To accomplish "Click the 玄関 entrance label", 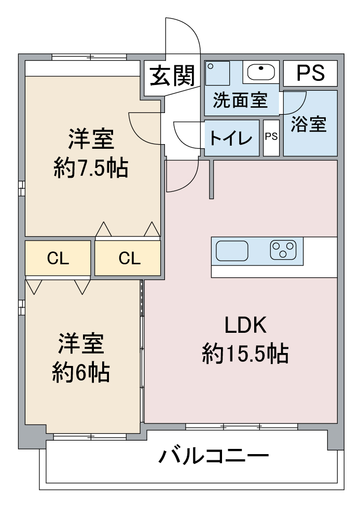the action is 172,76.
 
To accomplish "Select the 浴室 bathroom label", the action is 309,123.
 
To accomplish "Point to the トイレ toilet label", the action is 231,138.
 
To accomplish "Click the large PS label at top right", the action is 310,73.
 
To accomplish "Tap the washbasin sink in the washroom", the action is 261,72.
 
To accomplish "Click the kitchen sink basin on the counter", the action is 232,251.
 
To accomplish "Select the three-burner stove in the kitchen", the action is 283,250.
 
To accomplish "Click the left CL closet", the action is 58,258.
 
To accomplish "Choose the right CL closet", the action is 128,258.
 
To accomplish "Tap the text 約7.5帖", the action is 91,168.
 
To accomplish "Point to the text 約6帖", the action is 81,372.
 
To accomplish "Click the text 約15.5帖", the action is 245,354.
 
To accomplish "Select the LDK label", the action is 245,326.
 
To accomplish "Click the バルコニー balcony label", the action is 214,456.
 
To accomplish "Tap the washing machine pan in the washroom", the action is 217,73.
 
